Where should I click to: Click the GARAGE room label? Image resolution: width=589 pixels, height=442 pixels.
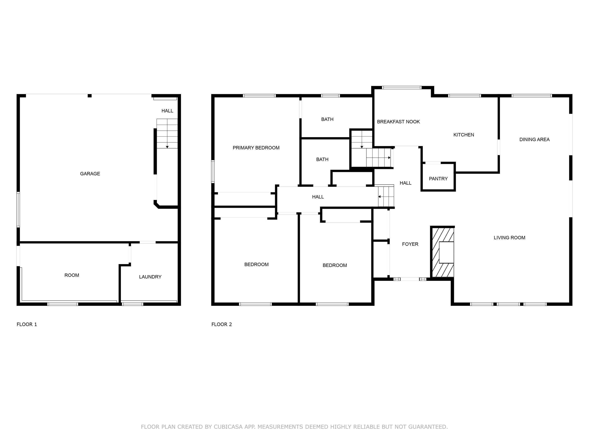tap(90, 174)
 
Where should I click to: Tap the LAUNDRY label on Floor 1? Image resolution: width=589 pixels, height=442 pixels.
tap(150, 277)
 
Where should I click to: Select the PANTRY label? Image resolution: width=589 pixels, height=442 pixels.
tap(438, 179)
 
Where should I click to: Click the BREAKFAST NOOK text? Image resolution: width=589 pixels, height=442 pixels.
tap(398, 122)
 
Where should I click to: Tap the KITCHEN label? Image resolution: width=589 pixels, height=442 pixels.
tap(464, 135)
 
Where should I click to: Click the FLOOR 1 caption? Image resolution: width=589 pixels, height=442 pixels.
tap(27, 324)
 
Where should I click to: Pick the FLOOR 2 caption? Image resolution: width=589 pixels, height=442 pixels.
tap(221, 324)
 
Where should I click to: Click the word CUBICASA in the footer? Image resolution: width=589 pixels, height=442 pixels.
tap(228, 427)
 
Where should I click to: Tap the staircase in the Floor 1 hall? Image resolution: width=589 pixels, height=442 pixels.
tap(167, 133)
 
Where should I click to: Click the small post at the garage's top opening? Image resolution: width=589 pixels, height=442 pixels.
tap(90, 96)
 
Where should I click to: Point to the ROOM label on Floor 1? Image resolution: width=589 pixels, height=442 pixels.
tap(72, 275)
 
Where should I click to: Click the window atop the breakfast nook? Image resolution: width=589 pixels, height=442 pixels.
tap(402, 87)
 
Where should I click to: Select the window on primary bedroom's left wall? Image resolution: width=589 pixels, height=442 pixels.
tap(213, 171)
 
